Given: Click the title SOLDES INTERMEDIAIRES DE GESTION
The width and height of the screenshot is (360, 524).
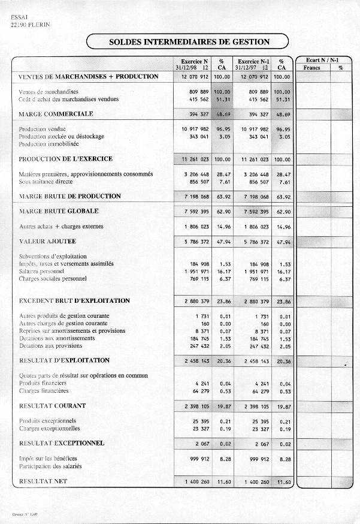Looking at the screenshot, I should pos(189,42).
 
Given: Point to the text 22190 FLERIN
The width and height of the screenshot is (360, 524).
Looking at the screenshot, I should pos(31,25).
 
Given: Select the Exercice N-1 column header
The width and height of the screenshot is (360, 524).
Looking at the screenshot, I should pos(252,61).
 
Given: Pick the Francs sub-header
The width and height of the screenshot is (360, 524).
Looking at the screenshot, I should pos(312,68).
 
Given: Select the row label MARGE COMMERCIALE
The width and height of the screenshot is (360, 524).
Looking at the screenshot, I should pos(56,114).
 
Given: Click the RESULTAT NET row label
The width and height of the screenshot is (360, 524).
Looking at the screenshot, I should pos(43,481).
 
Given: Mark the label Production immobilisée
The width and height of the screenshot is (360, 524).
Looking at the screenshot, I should pos(50,144).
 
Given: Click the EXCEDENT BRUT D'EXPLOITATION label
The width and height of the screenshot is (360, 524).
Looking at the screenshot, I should pos(74,300).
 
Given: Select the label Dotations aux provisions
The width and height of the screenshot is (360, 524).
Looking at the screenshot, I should pos(51,346).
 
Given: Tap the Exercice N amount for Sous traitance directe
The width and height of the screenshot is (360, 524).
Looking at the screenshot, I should pos(197,182).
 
